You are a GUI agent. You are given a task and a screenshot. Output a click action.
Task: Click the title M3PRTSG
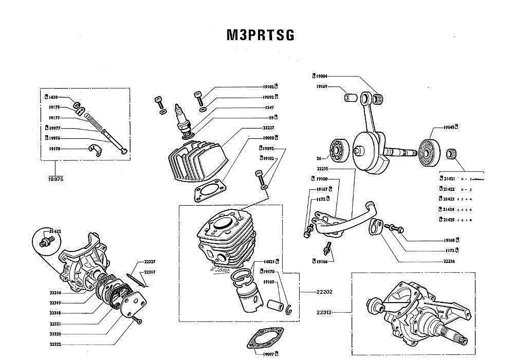tap(260, 35)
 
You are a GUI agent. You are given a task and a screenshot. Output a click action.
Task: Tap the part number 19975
tap(55, 179)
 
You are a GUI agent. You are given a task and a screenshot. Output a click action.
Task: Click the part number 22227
tap(268, 127)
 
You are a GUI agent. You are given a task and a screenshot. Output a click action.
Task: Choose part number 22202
tap(324, 292)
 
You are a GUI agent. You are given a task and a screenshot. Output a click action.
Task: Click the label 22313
tap(324, 312)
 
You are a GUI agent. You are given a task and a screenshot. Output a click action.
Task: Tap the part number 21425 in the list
tap(449, 220)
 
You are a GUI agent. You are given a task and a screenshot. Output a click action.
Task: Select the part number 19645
tap(449, 127)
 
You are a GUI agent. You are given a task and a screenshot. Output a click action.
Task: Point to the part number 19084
tap(321, 76)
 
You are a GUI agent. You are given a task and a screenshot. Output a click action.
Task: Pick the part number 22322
tap(55, 344)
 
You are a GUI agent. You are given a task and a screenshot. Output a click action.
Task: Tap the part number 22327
tap(150, 262)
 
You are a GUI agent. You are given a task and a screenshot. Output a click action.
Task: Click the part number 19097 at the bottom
tap(268, 354)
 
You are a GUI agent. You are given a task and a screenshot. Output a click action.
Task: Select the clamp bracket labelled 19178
tap(94, 150)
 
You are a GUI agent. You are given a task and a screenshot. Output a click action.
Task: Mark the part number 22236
tap(449, 261)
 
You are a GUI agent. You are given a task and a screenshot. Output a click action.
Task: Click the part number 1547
tap(269, 107)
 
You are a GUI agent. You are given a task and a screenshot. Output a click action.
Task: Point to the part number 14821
tap(269, 262)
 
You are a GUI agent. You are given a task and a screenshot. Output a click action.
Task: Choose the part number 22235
tap(322, 169)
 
